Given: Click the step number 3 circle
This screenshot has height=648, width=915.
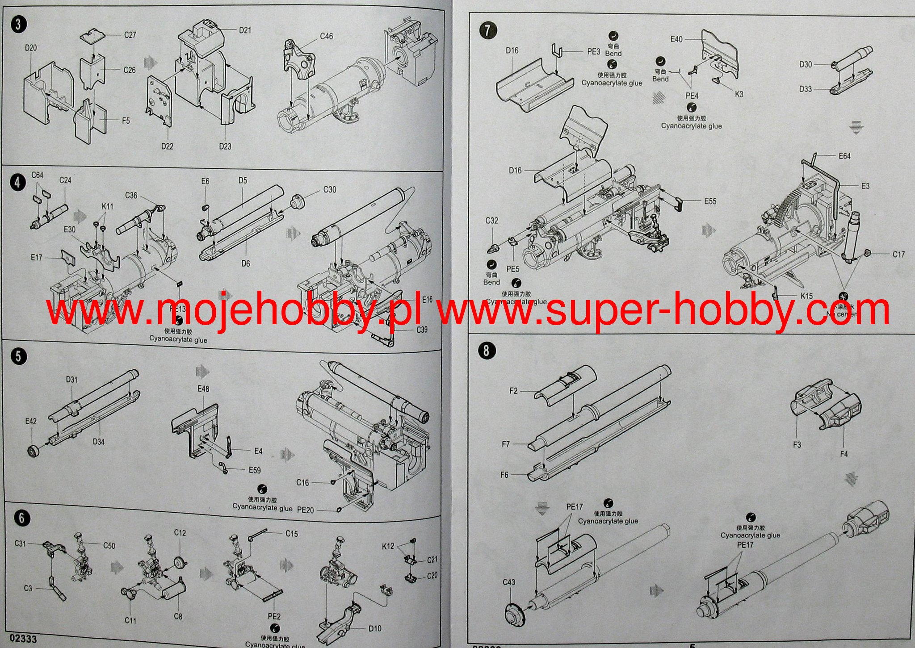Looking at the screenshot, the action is point(18,24).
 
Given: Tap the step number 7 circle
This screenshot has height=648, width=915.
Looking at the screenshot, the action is point(487,30).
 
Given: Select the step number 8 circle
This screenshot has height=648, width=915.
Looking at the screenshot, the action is point(486,351).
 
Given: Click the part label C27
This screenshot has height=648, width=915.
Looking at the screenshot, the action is point(130,35).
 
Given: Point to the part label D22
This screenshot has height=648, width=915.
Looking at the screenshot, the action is point(167,146).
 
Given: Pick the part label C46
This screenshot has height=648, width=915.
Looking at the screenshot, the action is point(326,37).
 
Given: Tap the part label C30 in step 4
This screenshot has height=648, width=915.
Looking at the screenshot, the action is point(330,190).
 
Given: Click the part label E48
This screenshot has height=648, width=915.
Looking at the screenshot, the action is point(203,389).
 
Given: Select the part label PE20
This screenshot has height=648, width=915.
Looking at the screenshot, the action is point(305,510).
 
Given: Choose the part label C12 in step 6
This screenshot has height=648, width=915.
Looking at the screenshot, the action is point(180,533).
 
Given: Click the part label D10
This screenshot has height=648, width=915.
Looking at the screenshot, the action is point(375,629).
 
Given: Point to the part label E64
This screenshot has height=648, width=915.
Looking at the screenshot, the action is point(844,156).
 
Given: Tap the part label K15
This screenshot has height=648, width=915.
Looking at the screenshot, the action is point(807,296).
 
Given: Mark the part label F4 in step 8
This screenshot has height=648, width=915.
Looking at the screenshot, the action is point(844,454).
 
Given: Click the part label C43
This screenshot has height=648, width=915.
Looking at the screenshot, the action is point(509,582).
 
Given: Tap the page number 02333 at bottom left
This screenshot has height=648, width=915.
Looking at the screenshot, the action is point(22,639).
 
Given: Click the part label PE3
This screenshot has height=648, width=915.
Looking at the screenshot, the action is point(594,52).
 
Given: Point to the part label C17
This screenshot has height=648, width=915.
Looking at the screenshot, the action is point(898,255).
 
